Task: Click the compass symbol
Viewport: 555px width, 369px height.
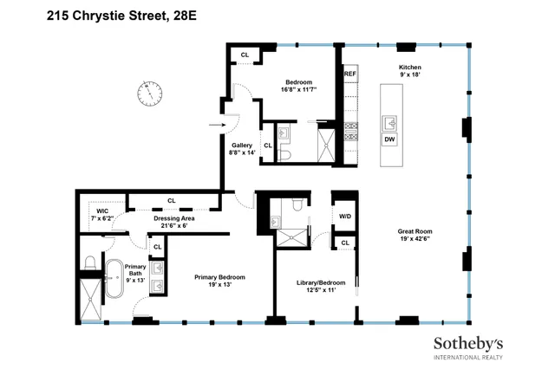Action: click(x=150, y=92)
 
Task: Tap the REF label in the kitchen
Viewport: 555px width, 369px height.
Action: click(x=350, y=74)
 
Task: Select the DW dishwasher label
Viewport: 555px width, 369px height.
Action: click(x=388, y=139)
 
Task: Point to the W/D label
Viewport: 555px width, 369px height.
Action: click(x=345, y=217)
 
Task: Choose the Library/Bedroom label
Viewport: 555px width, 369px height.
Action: click(x=321, y=282)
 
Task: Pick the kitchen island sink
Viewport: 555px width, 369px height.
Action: click(x=388, y=121)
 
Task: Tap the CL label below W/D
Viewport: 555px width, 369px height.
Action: click(x=345, y=243)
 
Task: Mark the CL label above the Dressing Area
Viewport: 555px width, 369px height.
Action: click(x=171, y=201)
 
